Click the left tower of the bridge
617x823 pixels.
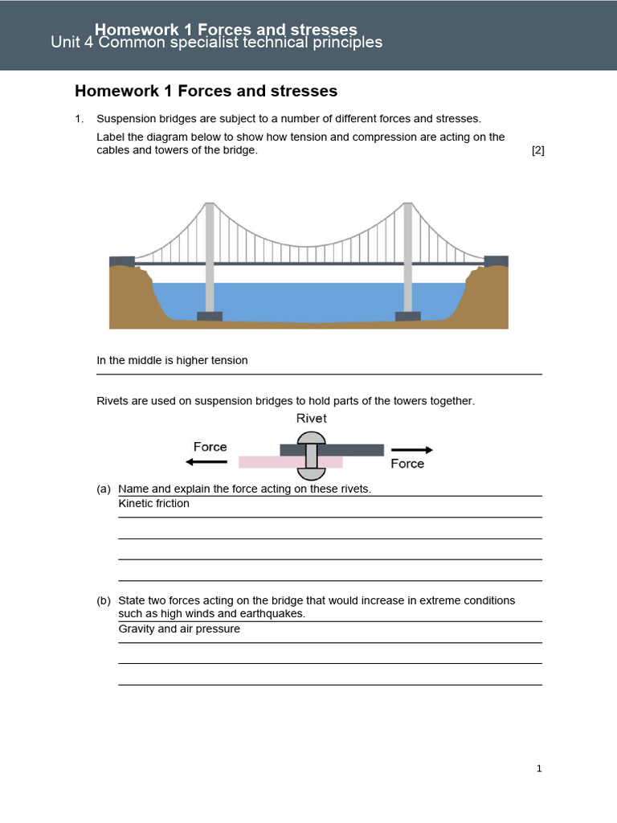pyautogui.click(x=210, y=257)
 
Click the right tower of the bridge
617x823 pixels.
pyautogui.click(x=407, y=257)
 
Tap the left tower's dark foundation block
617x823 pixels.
pyautogui.click(x=210, y=316)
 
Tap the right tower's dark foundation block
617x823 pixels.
pyautogui.click(x=407, y=316)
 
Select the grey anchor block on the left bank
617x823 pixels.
pyautogui.click(x=122, y=261)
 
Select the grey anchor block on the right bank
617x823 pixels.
pyautogui.click(x=496, y=261)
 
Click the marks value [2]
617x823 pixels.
pyautogui.click(x=537, y=150)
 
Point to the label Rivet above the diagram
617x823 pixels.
pyautogui.click(x=312, y=419)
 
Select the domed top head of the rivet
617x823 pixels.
pyautogui.click(x=312, y=438)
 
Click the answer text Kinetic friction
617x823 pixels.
pyautogui.click(x=154, y=504)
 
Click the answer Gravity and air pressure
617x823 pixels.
pyautogui.click(x=179, y=629)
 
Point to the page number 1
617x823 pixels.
pyautogui.click(x=539, y=769)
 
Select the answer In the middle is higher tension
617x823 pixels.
pyautogui.click(x=172, y=361)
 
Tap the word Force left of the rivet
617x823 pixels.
pyautogui.click(x=210, y=447)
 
